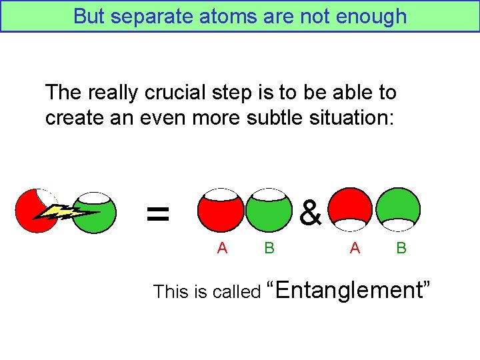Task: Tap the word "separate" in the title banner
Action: tap(149, 16)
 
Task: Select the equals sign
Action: tap(157, 213)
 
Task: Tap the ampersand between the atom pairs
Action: tap(311, 213)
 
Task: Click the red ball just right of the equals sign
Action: tap(220, 212)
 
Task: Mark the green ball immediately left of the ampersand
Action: tap(269, 212)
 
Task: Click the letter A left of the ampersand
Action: tap(223, 248)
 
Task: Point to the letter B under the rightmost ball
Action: tap(401, 248)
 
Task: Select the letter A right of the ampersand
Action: tap(355, 248)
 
